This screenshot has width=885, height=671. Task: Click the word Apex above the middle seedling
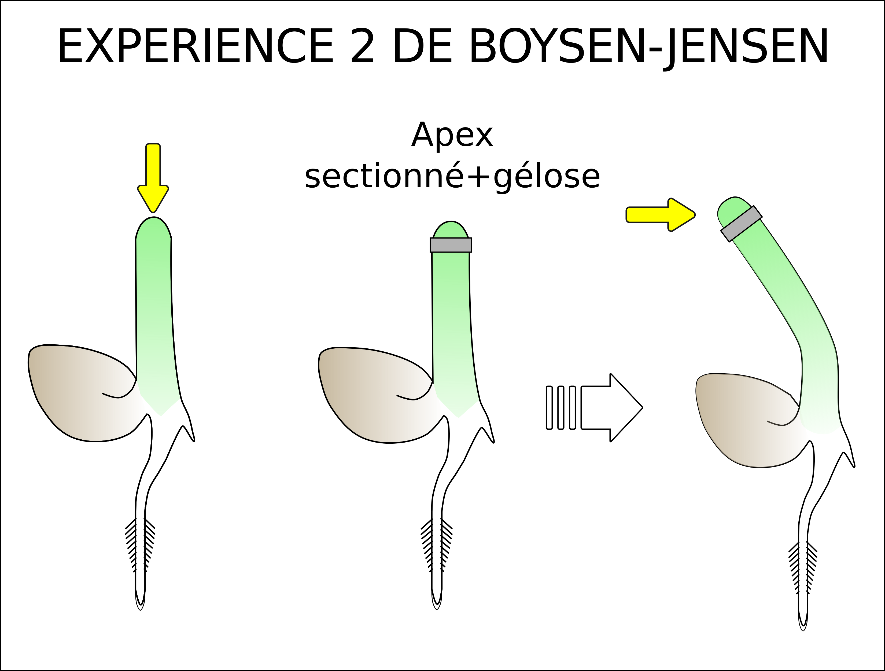point(452,135)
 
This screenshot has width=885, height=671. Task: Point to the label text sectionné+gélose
point(452,177)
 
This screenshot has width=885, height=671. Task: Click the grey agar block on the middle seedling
point(451,245)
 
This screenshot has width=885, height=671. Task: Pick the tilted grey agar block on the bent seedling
point(741,224)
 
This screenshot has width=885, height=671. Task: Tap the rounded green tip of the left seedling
point(153,230)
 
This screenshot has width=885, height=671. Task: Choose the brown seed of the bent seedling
point(744,420)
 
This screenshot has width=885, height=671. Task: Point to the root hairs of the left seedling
point(140,545)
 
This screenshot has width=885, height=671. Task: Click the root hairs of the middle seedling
point(437,545)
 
